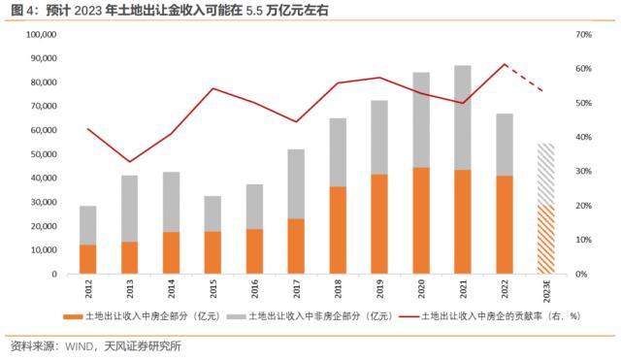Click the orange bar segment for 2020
tap(421, 220)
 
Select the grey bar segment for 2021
tap(463, 117)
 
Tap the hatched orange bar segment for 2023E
tap(546, 240)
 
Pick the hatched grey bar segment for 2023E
tap(546, 174)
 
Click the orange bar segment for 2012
tap(88, 259)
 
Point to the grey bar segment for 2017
tap(296, 183)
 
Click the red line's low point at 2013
tap(129, 162)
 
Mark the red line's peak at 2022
tap(505, 65)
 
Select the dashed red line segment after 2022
tap(525, 78)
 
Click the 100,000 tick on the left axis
tap(39, 34)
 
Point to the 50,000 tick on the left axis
tap(42, 154)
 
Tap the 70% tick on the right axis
tap(583, 34)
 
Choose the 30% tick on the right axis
tap(583, 172)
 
